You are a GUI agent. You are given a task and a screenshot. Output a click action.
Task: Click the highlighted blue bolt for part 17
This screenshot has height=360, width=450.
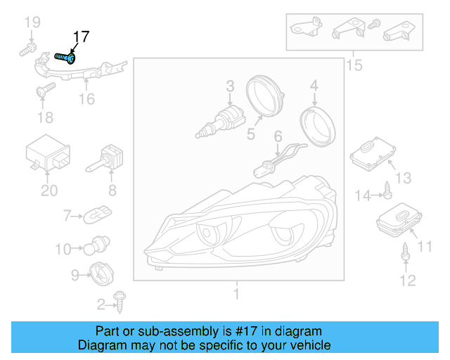click(65, 58)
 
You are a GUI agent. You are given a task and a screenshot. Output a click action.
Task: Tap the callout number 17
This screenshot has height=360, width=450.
click(82, 37)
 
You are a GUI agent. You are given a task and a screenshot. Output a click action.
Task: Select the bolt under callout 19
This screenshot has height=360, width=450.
click(28, 49)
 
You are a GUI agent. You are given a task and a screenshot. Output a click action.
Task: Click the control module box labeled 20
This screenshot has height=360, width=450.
click(48, 152)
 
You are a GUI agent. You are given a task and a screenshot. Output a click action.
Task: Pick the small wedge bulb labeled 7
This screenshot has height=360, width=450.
click(97, 214)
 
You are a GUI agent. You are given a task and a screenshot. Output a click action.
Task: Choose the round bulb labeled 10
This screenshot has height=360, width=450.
click(96, 245)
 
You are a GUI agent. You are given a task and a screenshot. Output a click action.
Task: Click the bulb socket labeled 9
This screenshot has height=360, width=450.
click(101, 274)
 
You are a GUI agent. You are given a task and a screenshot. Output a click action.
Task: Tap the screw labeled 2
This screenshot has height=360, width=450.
click(120, 302)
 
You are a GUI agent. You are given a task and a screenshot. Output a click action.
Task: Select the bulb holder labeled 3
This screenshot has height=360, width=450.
click(220, 122)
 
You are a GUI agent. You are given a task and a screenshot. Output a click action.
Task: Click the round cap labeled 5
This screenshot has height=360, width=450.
click(264, 96)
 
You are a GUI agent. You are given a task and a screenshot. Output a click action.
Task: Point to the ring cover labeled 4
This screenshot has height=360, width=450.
click(317, 126)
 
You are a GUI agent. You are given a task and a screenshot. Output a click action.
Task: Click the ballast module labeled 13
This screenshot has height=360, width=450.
click(373, 154)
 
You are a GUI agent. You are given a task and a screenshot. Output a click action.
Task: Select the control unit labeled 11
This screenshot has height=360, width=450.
click(399, 220)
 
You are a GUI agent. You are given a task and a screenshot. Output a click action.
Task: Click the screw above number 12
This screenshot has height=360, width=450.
click(405, 252)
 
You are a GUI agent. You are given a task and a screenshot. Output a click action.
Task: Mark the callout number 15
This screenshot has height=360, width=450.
click(354, 65)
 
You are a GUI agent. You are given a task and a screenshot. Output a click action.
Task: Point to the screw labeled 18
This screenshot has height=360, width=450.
click(46, 89)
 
